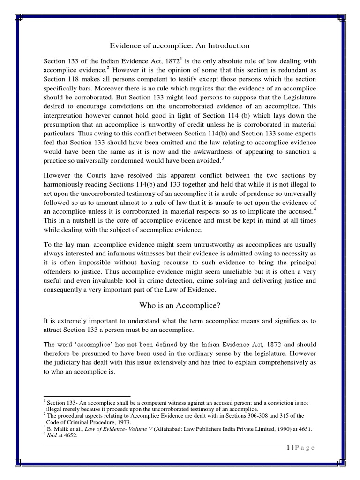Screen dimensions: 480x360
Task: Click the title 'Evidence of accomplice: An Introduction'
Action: tap(180, 45)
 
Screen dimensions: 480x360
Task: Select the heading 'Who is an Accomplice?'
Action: tap(180, 306)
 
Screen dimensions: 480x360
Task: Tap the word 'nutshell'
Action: tap(94, 220)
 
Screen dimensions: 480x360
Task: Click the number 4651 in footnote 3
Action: tap(304, 428)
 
